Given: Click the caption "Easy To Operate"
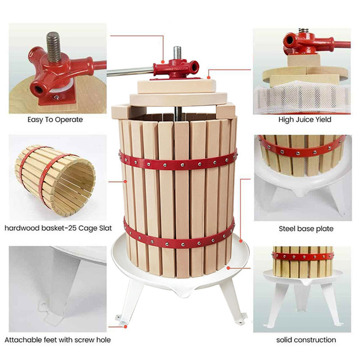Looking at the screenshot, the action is (x=55, y=120).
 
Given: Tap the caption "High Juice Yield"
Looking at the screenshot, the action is (x=305, y=120).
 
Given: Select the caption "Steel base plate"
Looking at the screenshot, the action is (x=306, y=229).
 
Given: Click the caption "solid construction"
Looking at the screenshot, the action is (x=306, y=340).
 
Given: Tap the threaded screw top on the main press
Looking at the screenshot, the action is (x=177, y=53).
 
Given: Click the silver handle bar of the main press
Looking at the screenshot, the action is (x=130, y=72).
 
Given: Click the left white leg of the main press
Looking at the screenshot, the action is (x=126, y=300).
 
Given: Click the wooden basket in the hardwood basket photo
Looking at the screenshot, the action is (x=55, y=180).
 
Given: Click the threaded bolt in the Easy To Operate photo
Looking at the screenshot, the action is (x=54, y=47).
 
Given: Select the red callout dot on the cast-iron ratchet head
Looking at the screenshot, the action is (x=163, y=62).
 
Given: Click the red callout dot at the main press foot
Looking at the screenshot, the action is (x=126, y=327).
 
